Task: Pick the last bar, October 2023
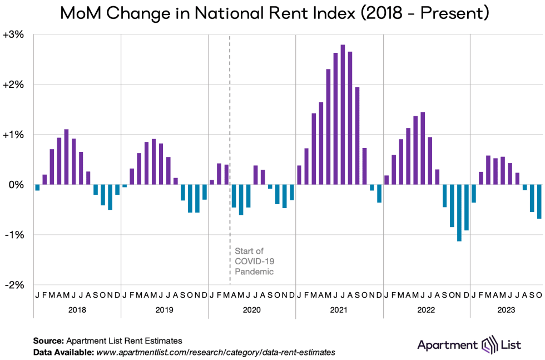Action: point(539,201)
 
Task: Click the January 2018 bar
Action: point(37,188)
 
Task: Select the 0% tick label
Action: point(17,185)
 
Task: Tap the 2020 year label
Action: point(252,310)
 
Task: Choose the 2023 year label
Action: point(506,310)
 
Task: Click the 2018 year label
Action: point(77,310)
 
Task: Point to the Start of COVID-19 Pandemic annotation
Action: point(254,262)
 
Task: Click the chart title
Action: point(272,12)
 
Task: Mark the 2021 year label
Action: point(339,310)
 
